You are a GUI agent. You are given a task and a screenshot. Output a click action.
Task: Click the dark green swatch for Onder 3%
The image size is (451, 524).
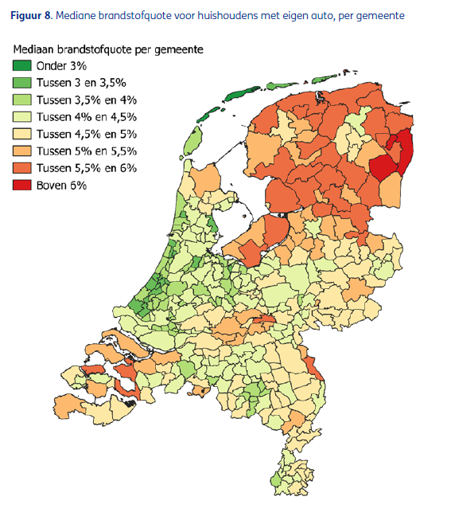(22, 65)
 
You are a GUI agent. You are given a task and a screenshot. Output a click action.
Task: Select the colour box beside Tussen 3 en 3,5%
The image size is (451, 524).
(22, 82)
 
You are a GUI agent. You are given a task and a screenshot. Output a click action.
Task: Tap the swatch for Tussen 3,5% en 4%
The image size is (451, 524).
(22, 100)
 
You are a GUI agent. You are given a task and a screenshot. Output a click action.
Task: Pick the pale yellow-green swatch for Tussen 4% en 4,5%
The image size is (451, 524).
(22, 116)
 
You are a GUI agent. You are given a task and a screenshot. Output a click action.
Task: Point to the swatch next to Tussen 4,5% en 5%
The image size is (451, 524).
(22, 133)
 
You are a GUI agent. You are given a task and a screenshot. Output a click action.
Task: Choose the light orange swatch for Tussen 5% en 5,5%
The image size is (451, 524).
(22, 151)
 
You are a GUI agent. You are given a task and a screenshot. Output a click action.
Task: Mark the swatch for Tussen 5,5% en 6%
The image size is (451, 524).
(22, 167)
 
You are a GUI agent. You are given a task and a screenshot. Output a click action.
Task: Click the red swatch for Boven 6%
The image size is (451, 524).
(22, 185)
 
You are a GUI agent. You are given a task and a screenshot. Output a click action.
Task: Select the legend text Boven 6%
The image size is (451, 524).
(62, 185)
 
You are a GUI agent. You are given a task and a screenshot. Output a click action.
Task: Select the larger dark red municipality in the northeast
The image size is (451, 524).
(383, 168)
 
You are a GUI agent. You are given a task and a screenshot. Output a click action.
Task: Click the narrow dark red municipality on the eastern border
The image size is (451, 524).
(406, 151)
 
